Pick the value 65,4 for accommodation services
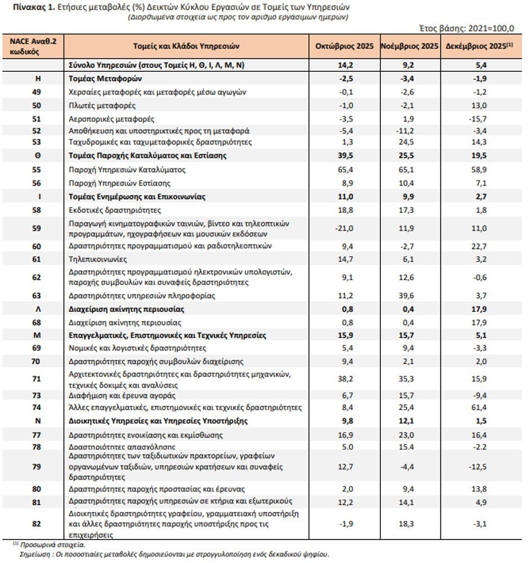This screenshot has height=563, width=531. click(x=344, y=170)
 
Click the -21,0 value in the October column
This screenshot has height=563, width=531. click(x=344, y=228)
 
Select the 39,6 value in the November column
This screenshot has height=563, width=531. click(x=409, y=296)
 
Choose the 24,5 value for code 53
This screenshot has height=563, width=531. click(x=409, y=142)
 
